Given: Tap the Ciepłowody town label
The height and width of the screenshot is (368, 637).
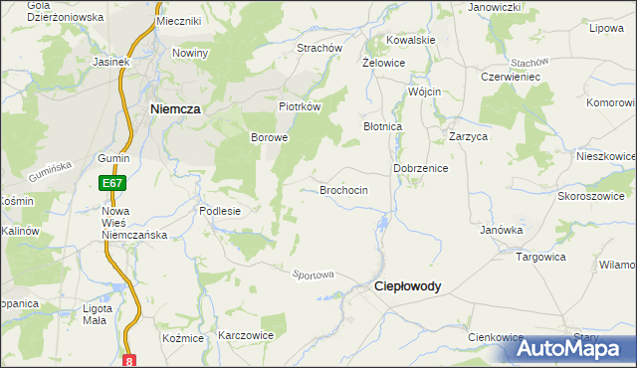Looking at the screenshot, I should pyautogui.click(x=407, y=285).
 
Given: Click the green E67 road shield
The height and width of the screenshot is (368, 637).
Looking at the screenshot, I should pyautogui.click(x=111, y=184).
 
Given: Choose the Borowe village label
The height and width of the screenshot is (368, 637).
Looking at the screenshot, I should pyautogui.click(x=269, y=137).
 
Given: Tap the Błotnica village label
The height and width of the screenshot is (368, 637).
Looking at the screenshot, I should pyautogui.click(x=382, y=127).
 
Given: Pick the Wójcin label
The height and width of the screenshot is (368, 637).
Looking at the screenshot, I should pyautogui.click(x=424, y=92).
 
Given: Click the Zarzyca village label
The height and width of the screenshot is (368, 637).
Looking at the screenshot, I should pyautogui.click(x=467, y=136).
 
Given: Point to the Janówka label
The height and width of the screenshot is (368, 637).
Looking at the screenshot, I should pyautogui.click(x=502, y=230).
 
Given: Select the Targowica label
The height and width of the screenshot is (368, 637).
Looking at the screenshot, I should pyautogui.click(x=540, y=256).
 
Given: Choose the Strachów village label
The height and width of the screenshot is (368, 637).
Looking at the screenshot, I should pyautogui.click(x=319, y=48).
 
